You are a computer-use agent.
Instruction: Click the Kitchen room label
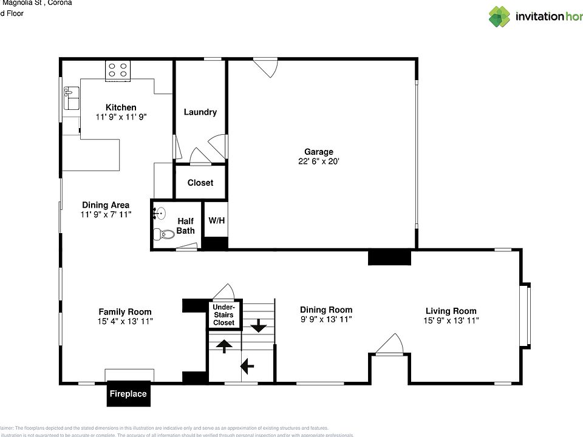(x=121, y=107)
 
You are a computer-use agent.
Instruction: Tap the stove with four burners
(x=118, y=70)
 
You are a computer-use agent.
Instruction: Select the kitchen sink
(x=71, y=97)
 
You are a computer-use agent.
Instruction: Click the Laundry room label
(x=200, y=112)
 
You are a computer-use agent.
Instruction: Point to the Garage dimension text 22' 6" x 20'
(x=319, y=161)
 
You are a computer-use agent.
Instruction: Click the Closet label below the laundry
(x=200, y=183)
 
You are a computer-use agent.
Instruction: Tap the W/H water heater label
(x=216, y=220)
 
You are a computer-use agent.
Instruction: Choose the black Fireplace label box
(x=128, y=394)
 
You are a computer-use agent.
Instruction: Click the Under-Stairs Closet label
(x=223, y=314)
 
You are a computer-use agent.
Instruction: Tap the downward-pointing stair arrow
(x=259, y=326)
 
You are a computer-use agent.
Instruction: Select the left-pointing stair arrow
(x=247, y=366)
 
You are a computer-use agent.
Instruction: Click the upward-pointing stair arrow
(x=223, y=346)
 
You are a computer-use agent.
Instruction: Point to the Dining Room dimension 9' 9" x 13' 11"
(x=326, y=319)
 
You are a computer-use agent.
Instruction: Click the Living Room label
(x=451, y=311)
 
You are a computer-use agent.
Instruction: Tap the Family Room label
(x=125, y=312)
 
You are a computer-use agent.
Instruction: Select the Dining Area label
(x=105, y=205)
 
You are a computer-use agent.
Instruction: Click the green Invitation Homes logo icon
(x=499, y=16)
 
